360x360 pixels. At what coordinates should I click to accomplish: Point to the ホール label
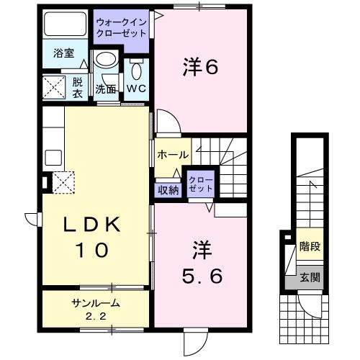pyautogui.click(x=173, y=154)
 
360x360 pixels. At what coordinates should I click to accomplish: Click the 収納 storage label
pyautogui.click(x=168, y=190)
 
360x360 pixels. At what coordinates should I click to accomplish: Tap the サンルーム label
pyautogui.click(x=95, y=303)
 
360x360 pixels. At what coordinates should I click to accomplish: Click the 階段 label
pyautogui.click(x=310, y=246)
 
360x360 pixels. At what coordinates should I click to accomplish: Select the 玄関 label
pyautogui.click(x=310, y=276)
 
